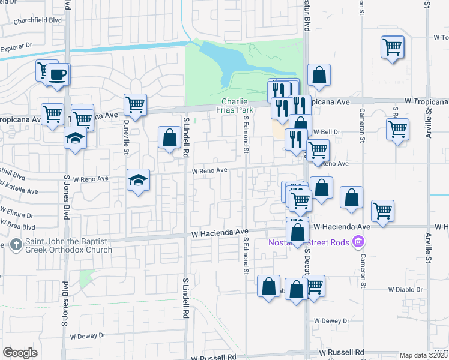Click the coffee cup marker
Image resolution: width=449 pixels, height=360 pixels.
tap(58, 75)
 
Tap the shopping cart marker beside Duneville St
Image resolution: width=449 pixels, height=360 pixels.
tap(136, 104)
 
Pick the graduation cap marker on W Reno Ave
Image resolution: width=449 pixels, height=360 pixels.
tap(138, 179)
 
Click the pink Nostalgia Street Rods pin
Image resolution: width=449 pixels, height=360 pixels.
tap(359, 242)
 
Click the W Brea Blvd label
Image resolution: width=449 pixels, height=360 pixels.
tap(18, 227)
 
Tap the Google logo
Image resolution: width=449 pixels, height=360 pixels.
tap(20, 353)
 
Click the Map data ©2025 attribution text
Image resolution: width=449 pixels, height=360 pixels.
tap(424, 355)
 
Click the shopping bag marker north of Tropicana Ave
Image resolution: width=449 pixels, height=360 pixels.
tap(319, 75)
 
